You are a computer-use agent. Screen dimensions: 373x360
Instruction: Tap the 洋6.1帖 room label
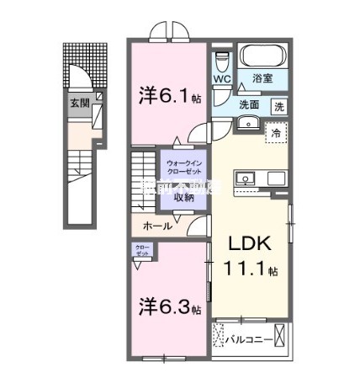pyautogui.click(x=169, y=97)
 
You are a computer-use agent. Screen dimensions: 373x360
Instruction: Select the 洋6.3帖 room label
pyautogui.click(x=169, y=307)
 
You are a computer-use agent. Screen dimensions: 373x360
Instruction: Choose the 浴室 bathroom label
pyautogui.click(x=263, y=77)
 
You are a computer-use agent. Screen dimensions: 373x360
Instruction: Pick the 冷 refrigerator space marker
pyautogui.click(x=275, y=133)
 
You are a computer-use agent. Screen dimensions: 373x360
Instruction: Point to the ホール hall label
pyautogui.click(x=157, y=226)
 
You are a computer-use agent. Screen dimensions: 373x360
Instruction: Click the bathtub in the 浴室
pyautogui.click(x=263, y=56)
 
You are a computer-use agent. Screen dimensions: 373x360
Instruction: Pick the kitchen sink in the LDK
pyautogui.click(x=248, y=179)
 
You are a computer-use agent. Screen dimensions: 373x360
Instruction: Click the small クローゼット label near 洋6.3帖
pyautogui.click(x=142, y=249)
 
